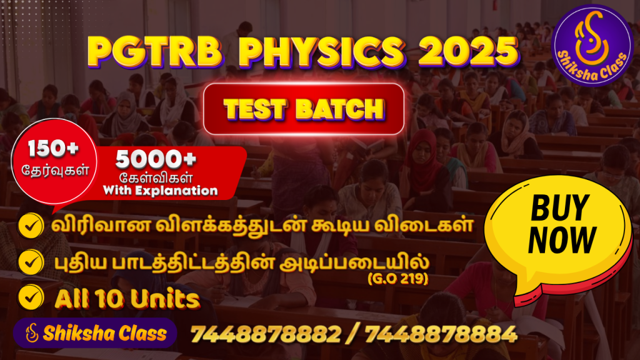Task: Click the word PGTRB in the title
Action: [x=155, y=52]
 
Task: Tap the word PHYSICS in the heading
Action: [x=322, y=52]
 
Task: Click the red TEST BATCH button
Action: [x=304, y=109]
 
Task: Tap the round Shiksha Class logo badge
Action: [x=592, y=45]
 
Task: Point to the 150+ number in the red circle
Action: [x=53, y=149]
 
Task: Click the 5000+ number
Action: [x=156, y=159]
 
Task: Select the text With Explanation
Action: [x=161, y=191]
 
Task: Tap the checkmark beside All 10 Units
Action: [x=31, y=297]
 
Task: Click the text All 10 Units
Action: [x=127, y=299]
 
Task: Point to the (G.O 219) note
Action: [x=398, y=279]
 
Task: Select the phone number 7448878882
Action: [x=266, y=334]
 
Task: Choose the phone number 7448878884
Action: [x=441, y=334]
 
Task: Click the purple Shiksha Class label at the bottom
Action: [x=95, y=333]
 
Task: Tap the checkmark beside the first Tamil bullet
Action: [x=31, y=226]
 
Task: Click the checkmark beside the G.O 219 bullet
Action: [x=31, y=262]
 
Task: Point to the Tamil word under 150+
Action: [x=55, y=169]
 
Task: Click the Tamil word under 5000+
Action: [x=156, y=178]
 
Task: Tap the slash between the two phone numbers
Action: [x=353, y=334]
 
